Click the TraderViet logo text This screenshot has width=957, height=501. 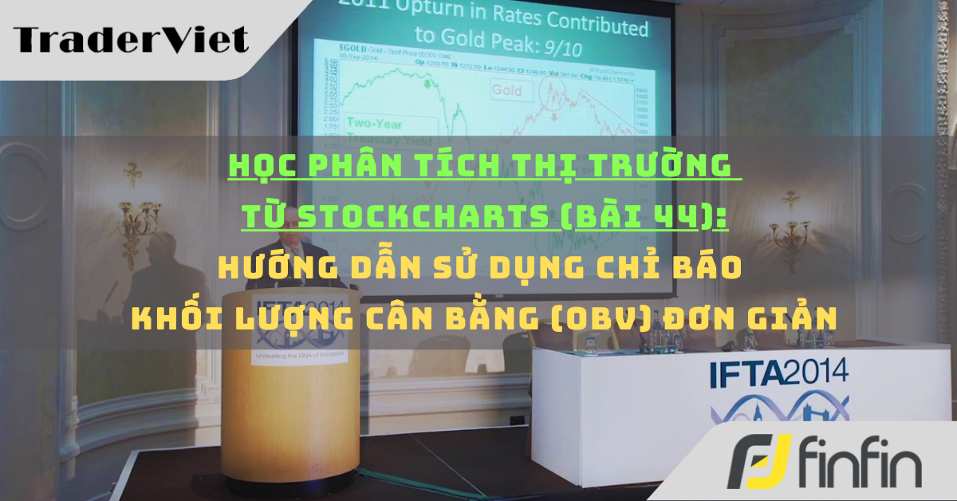tap(131, 38)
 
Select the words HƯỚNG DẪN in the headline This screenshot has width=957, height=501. tap(302, 267)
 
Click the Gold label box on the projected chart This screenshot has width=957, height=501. tap(506, 90)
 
